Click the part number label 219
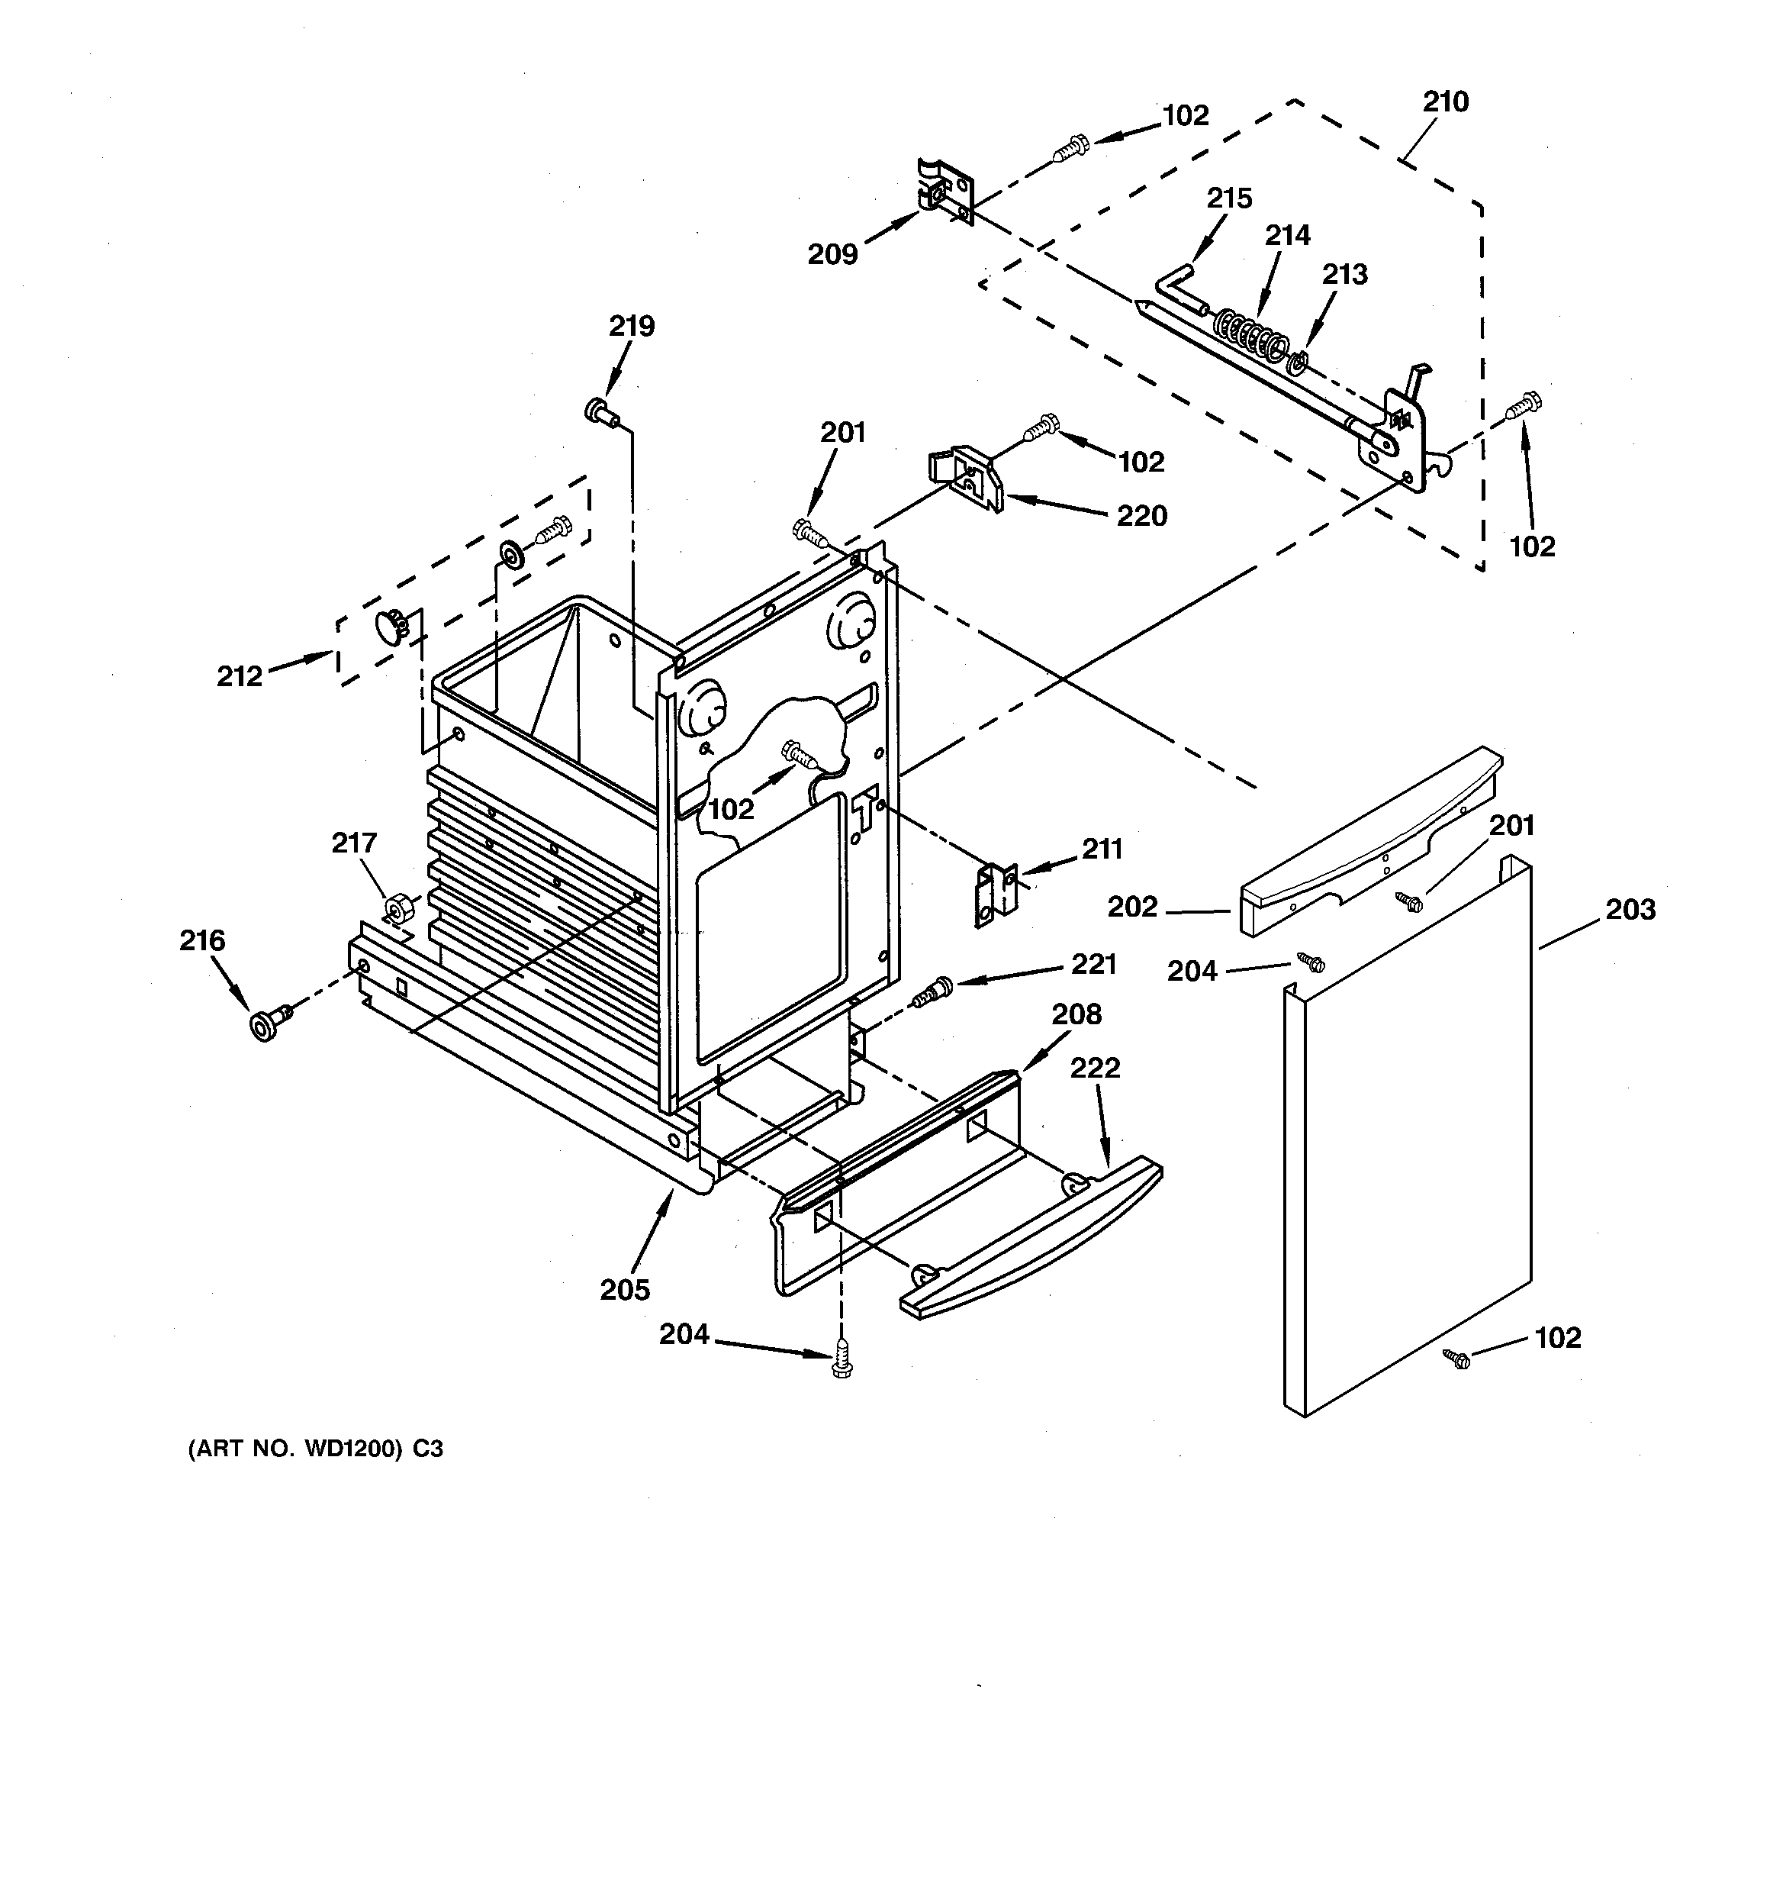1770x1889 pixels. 632,326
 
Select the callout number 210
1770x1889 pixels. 1445,102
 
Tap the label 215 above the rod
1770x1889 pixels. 1229,198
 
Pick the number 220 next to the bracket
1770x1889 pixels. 1141,516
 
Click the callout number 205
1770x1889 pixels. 625,1289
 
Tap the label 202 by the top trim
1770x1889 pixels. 1132,907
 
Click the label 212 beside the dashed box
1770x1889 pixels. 240,675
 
